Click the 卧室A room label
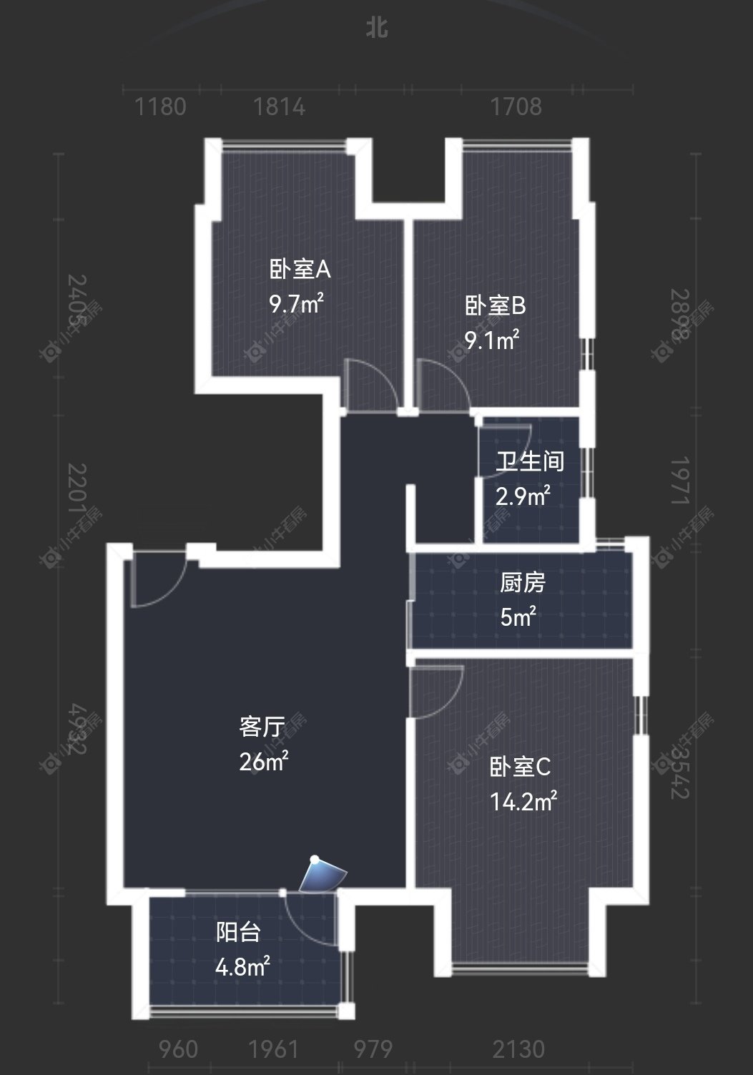[x=300, y=270]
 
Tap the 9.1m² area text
[x=492, y=340]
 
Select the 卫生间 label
[x=530, y=461]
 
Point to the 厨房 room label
[x=523, y=583]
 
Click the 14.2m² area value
[x=523, y=802]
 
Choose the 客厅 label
[x=262, y=727]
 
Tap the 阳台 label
[x=238, y=932]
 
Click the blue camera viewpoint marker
[x=322, y=874]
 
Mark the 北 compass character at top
[x=377, y=28]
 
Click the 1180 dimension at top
[x=161, y=107]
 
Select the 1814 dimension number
[x=279, y=107]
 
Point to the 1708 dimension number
[x=516, y=107]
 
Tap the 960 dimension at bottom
[x=178, y=1049]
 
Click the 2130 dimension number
[x=518, y=1049]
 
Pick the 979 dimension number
[x=373, y=1049]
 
